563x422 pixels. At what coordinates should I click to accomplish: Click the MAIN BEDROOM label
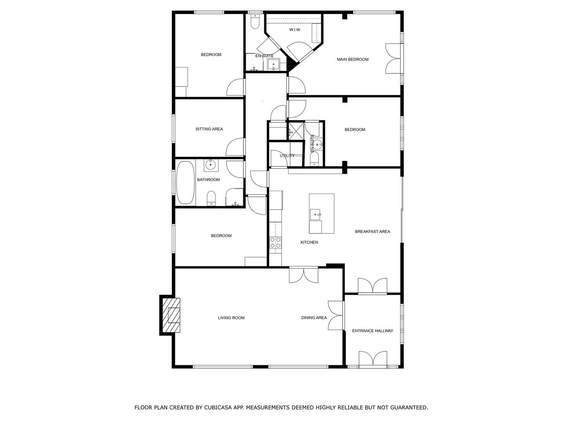coord(352,59)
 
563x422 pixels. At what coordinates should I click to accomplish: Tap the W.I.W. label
coord(295,30)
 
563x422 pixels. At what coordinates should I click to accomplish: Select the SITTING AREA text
coord(209,129)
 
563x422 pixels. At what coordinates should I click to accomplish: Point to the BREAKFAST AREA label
coord(372,232)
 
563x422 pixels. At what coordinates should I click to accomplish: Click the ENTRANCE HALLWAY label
coord(373,331)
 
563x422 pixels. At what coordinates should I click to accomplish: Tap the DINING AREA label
coord(314,318)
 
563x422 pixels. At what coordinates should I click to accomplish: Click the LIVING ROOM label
coord(231,318)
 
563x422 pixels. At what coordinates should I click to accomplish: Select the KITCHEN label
coord(309,242)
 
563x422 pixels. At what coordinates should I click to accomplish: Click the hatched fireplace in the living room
coord(172,315)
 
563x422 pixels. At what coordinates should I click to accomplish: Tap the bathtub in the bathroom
coord(186,182)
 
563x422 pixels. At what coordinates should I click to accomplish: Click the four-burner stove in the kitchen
coord(275,243)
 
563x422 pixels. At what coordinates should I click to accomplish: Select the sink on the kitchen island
coord(315,215)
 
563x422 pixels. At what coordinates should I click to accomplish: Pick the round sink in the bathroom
coord(211,165)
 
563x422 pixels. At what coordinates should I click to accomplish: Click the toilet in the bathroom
coord(212,198)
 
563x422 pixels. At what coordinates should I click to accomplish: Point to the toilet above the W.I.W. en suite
coord(255,21)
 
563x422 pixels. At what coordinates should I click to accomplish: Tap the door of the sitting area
coord(235,147)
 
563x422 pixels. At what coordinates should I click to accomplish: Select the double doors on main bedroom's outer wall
coord(393,58)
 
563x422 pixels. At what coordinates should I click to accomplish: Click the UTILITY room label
coord(287,156)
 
